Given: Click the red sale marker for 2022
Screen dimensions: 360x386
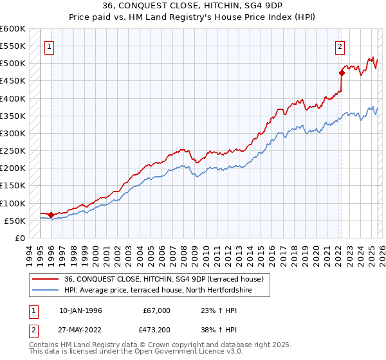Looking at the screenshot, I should point(341,73).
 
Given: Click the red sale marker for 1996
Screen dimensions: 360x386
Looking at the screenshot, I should point(51,215).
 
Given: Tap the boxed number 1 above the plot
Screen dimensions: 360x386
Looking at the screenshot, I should point(50,46).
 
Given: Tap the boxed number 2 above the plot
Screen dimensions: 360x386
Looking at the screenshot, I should point(340,46).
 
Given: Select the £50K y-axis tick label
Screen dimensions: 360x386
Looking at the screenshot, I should point(15,221).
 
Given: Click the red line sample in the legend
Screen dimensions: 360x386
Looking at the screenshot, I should point(46,279).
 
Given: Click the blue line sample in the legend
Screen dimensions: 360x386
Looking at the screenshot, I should point(46,290).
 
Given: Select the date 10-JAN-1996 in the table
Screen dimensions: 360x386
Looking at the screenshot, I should point(80,310).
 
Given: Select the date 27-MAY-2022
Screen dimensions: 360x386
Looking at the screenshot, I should point(80,331).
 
